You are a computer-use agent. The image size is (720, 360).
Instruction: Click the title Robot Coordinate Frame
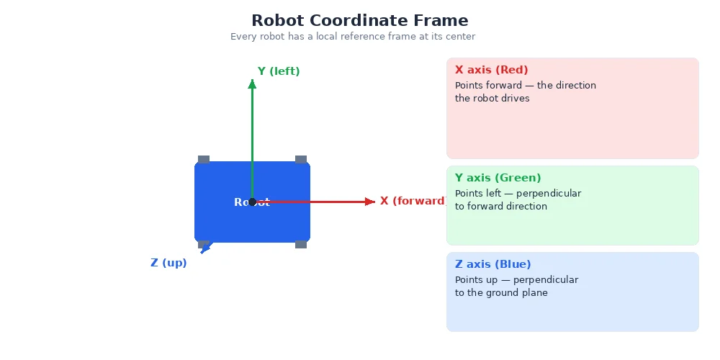pyautogui.click(x=359, y=21)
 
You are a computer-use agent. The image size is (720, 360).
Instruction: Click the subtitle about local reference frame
pyautogui.click(x=352, y=37)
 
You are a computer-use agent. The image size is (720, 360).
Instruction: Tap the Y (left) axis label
pyautogui.click(x=279, y=71)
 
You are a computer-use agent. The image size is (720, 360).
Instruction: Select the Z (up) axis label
pyautogui.click(x=168, y=263)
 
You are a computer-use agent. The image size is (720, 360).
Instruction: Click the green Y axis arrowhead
pyautogui.click(x=252, y=84)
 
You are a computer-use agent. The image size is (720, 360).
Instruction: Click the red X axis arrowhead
pyautogui.click(x=370, y=202)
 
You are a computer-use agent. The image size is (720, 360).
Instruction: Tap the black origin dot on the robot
pyautogui.click(x=252, y=202)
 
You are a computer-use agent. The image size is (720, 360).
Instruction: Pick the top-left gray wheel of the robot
pyautogui.click(x=204, y=159)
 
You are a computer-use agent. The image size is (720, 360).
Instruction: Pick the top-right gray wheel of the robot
pyautogui.click(x=301, y=159)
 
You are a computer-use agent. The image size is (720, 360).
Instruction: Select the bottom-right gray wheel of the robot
pyautogui.click(x=301, y=245)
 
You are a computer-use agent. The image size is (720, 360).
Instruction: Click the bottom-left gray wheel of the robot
pyautogui.click(x=204, y=244)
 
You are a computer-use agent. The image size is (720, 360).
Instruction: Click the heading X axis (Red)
pyautogui.click(x=492, y=70)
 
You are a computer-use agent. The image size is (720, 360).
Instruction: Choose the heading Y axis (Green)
pyautogui.click(x=498, y=178)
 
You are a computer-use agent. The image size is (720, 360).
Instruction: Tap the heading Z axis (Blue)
pyautogui.click(x=493, y=264)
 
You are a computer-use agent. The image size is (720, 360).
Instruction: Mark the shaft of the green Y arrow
pyautogui.click(x=252, y=137)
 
